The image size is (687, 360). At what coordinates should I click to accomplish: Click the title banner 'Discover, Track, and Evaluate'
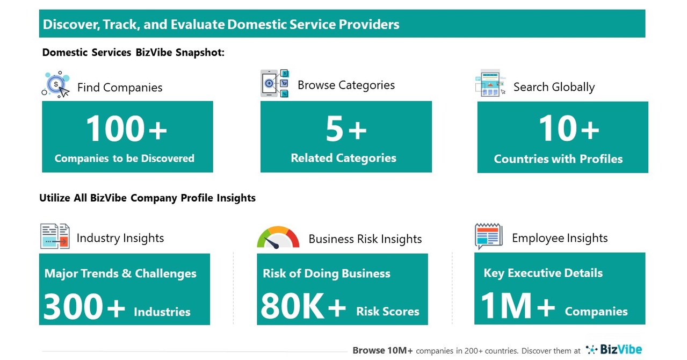(x=221, y=24)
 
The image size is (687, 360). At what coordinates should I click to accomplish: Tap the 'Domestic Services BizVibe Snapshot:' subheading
(x=133, y=53)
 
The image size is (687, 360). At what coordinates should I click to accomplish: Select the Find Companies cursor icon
(x=56, y=85)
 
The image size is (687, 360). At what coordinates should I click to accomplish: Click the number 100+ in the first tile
(x=126, y=129)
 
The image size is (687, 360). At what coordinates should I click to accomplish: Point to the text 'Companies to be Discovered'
(x=125, y=159)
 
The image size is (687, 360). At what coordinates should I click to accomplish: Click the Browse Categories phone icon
(x=274, y=83)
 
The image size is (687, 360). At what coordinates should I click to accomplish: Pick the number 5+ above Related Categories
(x=346, y=129)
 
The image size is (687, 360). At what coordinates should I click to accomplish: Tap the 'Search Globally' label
(x=554, y=87)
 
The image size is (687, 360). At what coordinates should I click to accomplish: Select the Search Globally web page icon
(x=490, y=83)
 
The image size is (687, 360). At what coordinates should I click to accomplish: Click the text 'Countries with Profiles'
(x=558, y=159)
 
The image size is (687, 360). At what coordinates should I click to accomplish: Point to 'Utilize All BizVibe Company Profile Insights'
(x=147, y=198)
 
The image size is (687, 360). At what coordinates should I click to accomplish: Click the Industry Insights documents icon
(x=55, y=236)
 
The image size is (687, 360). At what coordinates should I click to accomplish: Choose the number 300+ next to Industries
(x=84, y=307)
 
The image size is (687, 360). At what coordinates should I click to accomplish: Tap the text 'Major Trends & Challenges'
(x=120, y=273)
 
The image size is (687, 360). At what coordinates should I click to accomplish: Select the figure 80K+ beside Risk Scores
(x=303, y=307)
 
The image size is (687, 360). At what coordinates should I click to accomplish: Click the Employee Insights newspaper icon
(x=488, y=236)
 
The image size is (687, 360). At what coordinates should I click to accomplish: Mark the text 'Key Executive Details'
(x=543, y=273)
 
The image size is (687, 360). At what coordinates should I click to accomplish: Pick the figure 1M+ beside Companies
(x=518, y=306)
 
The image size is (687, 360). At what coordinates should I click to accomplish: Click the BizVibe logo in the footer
(x=613, y=350)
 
